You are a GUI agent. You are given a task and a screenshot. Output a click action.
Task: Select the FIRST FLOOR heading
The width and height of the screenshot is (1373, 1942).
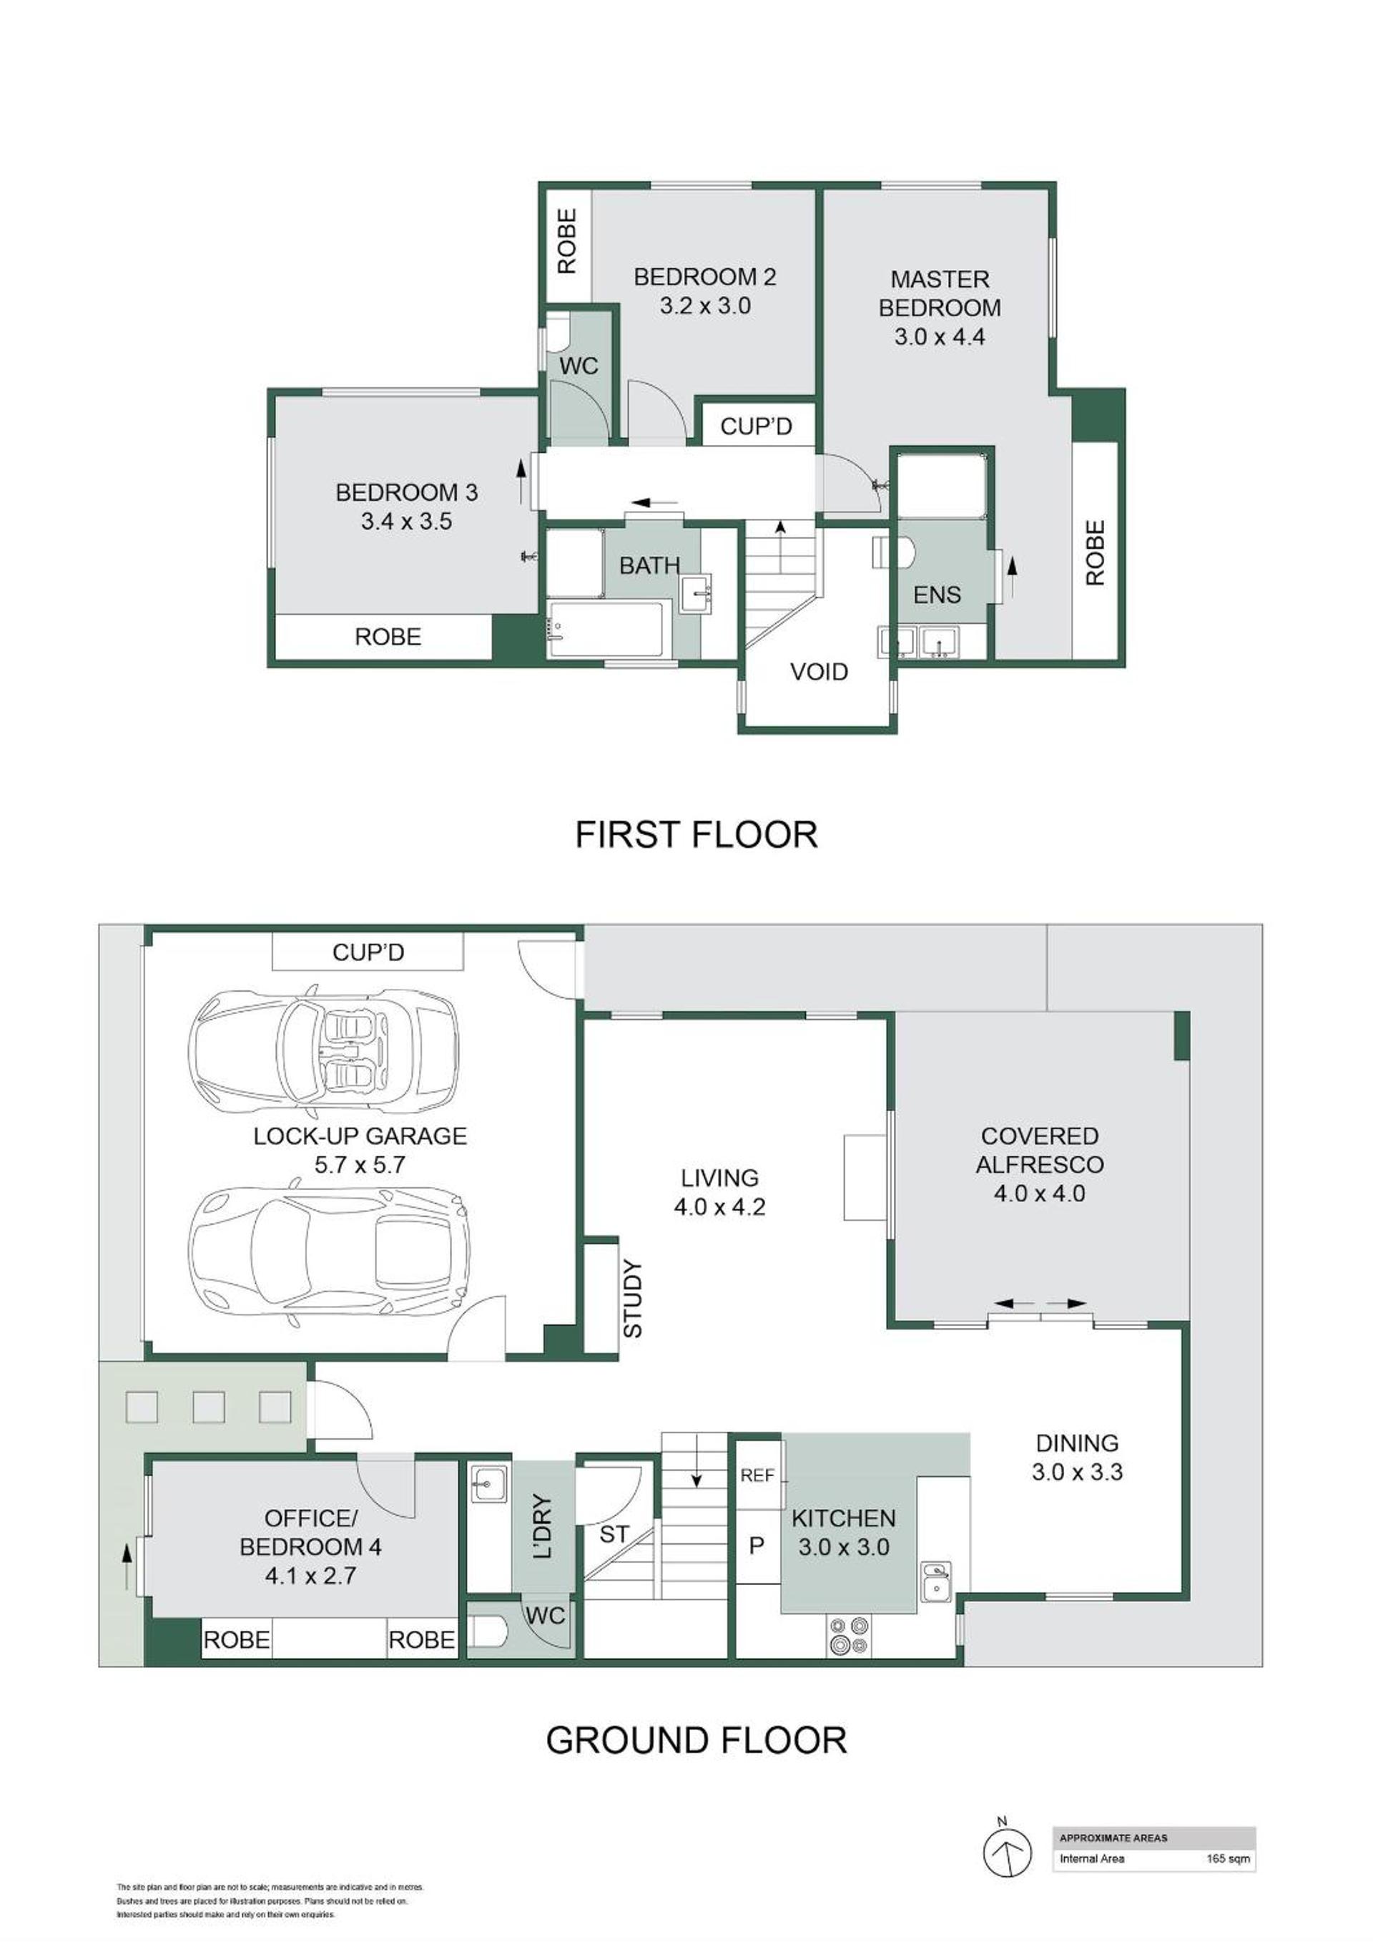click(x=696, y=834)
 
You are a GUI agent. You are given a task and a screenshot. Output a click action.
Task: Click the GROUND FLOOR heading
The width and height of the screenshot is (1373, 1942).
click(x=696, y=1739)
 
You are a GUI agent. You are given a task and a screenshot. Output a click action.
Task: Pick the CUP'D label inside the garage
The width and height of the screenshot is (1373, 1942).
click(x=368, y=952)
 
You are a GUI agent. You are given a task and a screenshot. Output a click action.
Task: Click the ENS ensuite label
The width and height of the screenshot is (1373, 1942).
click(x=937, y=595)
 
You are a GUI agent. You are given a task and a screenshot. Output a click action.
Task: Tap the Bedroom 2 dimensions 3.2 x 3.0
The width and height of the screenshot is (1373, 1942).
click(x=705, y=306)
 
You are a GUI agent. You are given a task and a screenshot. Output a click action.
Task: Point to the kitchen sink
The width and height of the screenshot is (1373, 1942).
click(x=935, y=1581)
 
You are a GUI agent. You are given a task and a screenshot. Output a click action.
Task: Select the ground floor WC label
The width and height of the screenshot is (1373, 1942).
click(x=546, y=1616)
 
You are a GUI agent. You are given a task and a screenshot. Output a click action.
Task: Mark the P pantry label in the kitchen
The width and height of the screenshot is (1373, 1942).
click(x=757, y=1546)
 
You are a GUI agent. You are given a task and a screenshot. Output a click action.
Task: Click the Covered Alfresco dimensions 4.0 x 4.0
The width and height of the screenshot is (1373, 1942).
click(x=1039, y=1194)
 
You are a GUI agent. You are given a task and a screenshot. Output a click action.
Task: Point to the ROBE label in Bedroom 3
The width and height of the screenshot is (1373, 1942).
click(x=388, y=637)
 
